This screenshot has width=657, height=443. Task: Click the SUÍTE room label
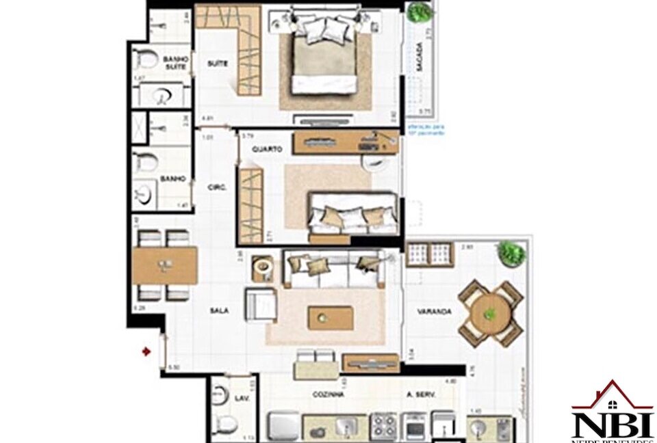(x=217, y=64)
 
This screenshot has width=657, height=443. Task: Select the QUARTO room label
(x=263, y=148)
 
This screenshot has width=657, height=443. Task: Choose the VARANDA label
(x=434, y=312)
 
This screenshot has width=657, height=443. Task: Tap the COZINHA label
(x=328, y=395)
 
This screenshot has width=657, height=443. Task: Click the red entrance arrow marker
(x=146, y=351)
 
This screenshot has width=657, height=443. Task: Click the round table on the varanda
(x=490, y=314)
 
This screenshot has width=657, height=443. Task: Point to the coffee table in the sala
(x=331, y=318)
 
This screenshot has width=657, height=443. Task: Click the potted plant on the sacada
(x=418, y=12)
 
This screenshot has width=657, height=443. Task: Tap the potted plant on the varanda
(x=511, y=254)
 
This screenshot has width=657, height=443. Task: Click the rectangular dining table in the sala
(x=165, y=265)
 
